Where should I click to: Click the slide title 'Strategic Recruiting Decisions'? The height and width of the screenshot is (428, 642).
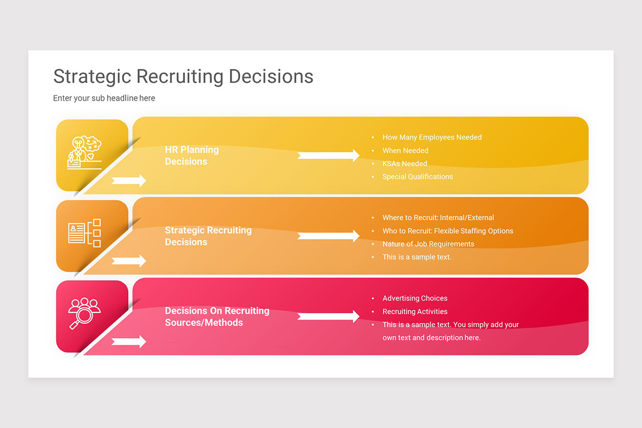coord(183,77)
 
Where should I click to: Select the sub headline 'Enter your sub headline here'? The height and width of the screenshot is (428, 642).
coord(104,98)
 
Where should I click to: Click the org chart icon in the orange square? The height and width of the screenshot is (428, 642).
coord(85,233)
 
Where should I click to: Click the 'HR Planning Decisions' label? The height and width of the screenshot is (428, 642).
coord(192,156)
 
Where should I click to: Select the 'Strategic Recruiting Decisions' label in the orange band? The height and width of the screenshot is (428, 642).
coord(208,236)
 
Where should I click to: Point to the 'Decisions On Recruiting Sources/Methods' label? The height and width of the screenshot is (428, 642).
coord(217,317)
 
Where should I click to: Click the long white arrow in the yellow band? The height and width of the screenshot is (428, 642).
coord(328,156)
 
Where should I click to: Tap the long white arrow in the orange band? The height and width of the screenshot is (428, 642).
coord(328,236)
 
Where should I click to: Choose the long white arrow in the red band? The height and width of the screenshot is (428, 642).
coord(328,316)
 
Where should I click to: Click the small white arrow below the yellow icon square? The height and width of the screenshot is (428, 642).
coord(129,181)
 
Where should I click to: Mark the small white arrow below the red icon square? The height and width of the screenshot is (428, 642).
coord(129,341)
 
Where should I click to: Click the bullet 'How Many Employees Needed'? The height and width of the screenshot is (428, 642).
coord(432,137)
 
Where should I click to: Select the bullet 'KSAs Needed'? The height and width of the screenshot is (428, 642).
coord(404,164)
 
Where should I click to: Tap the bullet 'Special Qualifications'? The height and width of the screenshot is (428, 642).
coord(417,177)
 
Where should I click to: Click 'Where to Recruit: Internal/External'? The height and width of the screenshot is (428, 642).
coord(438,218)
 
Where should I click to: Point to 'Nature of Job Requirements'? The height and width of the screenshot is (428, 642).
coord(428,244)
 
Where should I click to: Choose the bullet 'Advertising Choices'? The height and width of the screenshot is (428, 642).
coord(415,299)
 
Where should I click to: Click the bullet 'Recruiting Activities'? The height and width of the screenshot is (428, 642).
coord(415,311)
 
